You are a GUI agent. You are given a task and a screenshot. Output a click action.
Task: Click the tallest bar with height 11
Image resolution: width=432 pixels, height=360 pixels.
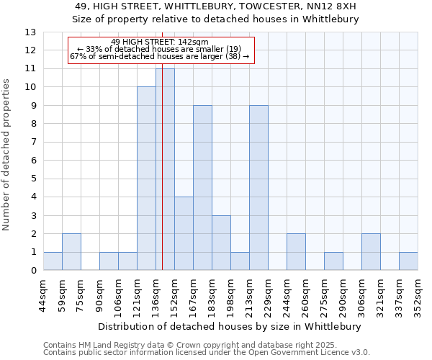[165, 169]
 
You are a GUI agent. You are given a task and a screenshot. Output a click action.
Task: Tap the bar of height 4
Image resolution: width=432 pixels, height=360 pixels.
[184, 233]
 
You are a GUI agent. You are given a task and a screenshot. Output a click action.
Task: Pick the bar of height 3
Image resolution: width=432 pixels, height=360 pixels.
[221, 243]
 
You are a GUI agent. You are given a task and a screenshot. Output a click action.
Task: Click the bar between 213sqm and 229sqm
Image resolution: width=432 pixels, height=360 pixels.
[258, 188]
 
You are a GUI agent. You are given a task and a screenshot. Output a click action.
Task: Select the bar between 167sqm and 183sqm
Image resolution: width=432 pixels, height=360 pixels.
[202, 188]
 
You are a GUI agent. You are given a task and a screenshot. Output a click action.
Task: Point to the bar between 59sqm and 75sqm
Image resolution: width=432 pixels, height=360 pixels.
[71, 252]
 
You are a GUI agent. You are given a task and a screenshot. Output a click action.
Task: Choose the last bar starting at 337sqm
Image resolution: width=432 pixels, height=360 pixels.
[408, 261]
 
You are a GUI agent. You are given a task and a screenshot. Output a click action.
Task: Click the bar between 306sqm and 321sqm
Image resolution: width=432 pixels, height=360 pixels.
[371, 252]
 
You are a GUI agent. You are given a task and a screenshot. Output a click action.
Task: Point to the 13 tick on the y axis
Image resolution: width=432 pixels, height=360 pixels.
[30, 32]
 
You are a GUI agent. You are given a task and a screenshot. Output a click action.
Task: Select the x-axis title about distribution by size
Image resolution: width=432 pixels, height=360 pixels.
[229, 326]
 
